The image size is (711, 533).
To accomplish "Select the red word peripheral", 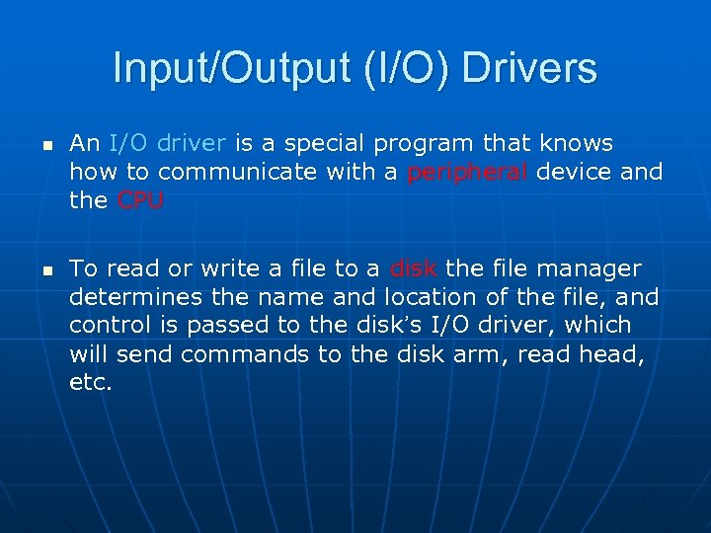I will click(x=469, y=173).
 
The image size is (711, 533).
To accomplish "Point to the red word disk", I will click(x=414, y=268).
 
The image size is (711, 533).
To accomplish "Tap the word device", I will click(x=578, y=173).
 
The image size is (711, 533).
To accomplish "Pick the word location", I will click(x=431, y=297).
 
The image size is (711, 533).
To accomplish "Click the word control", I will click(x=107, y=326).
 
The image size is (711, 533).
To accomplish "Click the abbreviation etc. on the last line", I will click(x=91, y=382).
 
